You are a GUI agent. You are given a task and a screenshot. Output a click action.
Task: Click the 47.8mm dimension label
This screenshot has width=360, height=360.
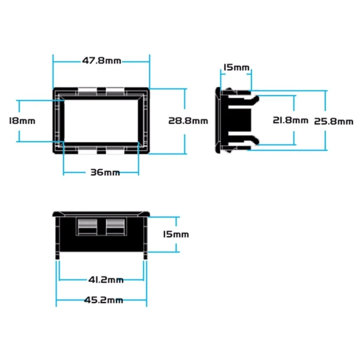tap(102, 61)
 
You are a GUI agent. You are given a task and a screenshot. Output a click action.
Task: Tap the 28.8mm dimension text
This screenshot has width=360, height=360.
tap(188, 121)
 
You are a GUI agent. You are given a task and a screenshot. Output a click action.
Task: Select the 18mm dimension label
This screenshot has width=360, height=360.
tap(22, 121)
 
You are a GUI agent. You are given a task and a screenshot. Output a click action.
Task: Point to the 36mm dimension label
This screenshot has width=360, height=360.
tap(105, 172)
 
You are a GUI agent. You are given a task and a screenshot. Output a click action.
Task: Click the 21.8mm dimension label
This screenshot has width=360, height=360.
tap(290, 120)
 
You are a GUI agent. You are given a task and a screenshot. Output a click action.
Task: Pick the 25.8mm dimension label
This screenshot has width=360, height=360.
tap(333, 121)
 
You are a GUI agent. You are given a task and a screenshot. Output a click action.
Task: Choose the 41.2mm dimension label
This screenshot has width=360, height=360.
tap(106, 280)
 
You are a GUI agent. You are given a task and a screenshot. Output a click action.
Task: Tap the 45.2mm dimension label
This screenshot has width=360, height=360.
tap(103, 300)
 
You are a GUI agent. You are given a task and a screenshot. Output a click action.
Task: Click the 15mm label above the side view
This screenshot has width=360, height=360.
tap(236, 67)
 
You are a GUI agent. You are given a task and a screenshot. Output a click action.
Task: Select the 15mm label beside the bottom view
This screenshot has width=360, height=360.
tap(176, 234)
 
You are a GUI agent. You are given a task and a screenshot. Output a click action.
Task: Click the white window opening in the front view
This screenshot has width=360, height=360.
tap(101, 121)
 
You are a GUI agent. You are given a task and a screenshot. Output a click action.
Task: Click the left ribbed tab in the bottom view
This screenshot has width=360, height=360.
tap(87, 226)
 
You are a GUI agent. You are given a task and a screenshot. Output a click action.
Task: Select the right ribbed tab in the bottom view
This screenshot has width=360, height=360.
tap(115, 226)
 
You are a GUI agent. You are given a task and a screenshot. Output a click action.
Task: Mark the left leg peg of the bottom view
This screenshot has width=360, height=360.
tap(58, 256)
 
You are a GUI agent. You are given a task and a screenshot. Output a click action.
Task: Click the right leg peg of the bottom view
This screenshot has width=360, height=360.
tap(145, 256)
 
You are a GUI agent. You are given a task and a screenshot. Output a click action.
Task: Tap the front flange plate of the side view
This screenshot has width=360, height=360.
tap(218, 120)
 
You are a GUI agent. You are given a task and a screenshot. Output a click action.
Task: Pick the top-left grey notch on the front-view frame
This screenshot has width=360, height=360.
tap(87, 91)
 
